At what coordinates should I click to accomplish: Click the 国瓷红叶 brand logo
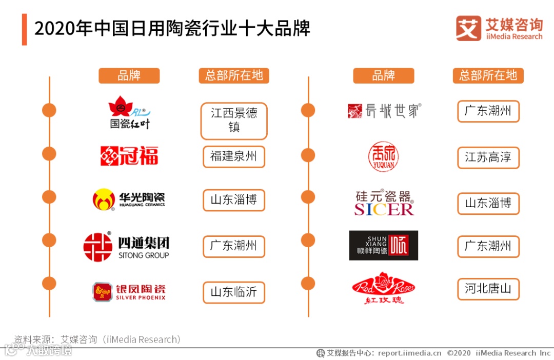click(128, 112)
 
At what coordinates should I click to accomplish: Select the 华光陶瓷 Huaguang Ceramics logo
click(129, 199)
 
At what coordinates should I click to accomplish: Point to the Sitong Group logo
click(126, 247)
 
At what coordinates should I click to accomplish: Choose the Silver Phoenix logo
click(129, 292)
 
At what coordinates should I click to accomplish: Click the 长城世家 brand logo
click(384, 111)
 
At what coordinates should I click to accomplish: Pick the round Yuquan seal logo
click(383, 156)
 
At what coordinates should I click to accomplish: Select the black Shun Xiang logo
click(383, 246)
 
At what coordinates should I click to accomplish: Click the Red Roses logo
click(383, 288)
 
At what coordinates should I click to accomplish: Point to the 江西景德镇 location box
click(234, 121)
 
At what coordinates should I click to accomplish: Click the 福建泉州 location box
click(234, 156)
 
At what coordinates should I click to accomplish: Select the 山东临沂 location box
click(234, 292)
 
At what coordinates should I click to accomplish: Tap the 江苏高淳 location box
click(488, 157)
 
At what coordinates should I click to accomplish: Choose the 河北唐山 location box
click(488, 289)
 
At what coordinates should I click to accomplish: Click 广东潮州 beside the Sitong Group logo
click(234, 246)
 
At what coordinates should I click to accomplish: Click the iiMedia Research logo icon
click(468, 28)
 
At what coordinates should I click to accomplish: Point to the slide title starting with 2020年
click(172, 29)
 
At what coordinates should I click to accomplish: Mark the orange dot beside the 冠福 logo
click(49, 154)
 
